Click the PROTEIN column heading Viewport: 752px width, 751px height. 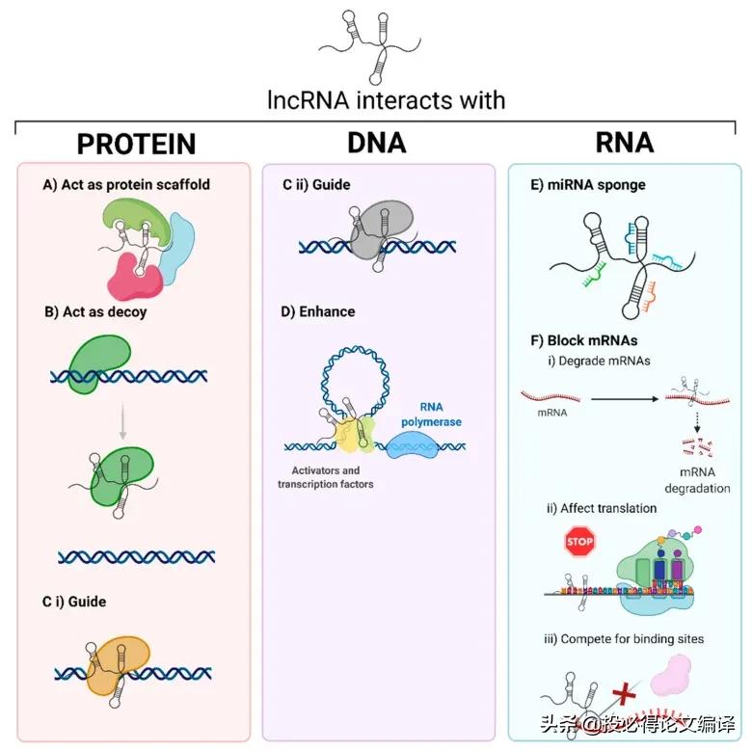136,144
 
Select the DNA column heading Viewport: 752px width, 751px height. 376,143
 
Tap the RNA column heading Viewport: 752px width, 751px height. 625,143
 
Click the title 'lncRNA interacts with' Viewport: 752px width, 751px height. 386,100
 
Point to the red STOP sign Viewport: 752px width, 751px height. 579,542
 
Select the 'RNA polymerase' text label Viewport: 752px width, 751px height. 431,415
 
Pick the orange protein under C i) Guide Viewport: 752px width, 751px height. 118,664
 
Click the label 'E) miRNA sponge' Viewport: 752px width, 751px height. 587,185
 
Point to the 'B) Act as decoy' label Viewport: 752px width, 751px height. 95,311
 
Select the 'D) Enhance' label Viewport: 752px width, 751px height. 317,311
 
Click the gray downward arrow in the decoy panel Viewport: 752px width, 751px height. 122,420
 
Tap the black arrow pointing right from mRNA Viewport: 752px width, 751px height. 625,398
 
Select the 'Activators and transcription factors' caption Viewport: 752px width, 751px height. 326,477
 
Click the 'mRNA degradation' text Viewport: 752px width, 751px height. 697,480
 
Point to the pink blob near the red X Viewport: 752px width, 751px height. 671,676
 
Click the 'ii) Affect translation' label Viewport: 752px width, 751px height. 602,508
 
